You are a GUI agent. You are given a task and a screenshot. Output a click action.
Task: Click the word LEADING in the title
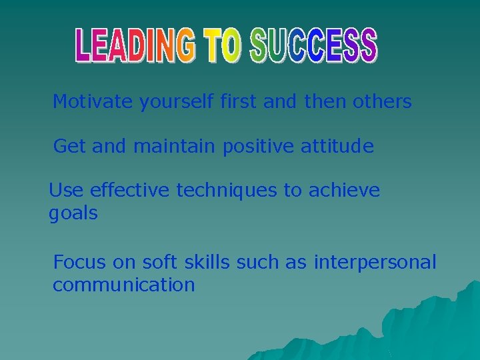[x=137, y=45]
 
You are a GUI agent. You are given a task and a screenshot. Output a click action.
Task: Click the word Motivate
[x=93, y=102]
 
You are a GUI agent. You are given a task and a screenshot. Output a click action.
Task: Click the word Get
[x=69, y=146]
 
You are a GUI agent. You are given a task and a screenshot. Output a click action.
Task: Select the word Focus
[x=79, y=262]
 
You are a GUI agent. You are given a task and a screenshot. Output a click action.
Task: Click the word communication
[x=124, y=285]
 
